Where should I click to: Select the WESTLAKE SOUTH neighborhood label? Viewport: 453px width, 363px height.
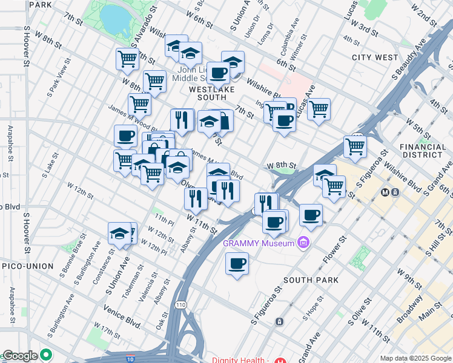coord(216,89)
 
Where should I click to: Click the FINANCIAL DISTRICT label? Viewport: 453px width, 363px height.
coord(422,151)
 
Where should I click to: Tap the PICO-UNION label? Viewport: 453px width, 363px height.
coord(27,266)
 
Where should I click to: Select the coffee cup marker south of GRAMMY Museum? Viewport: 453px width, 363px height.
coord(237,264)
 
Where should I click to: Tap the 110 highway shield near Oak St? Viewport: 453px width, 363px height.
coord(180,304)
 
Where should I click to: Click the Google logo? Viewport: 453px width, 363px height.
coord(20,356)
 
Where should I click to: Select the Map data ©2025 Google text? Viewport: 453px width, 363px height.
coord(415,358)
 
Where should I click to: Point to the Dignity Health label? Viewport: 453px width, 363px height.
coord(239,360)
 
